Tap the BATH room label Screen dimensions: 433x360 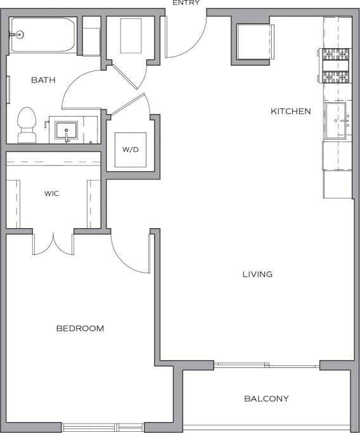tap(43, 81)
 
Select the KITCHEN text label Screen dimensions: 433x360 tap(291, 112)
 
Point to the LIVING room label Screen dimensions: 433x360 tap(257, 275)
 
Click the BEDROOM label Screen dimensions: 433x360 tap(80, 328)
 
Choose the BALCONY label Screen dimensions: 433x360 tap(266, 399)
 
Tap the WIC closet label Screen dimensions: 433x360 tap(52, 193)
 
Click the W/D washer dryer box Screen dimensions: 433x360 tap(131, 150)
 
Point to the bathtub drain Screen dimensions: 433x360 tap(19, 35)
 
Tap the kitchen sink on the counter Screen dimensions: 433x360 tap(336, 120)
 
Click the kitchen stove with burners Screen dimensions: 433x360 tap(336, 67)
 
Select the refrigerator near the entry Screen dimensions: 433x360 tap(255, 41)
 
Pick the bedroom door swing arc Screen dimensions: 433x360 tap(130, 257)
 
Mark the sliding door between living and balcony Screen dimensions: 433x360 tap(266, 365)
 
